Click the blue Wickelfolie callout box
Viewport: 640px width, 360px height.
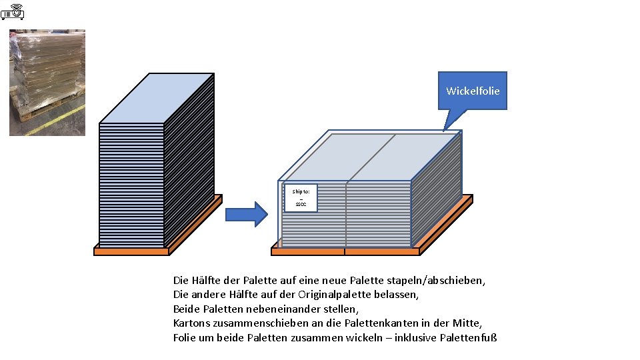[x=472, y=91]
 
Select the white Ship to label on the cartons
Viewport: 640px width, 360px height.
[x=301, y=197]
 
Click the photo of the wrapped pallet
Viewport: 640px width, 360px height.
[x=47, y=82]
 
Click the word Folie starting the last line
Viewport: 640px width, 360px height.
[x=185, y=337]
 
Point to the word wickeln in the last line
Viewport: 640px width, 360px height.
[x=364, y=337]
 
